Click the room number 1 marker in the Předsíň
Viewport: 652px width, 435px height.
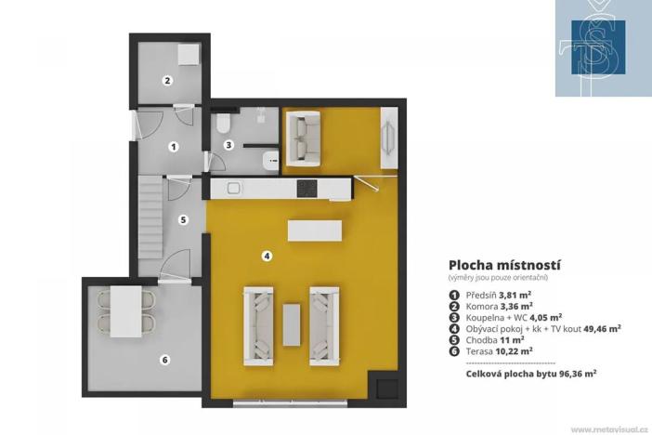pos(173,147)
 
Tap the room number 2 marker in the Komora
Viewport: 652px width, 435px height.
pos(167,81)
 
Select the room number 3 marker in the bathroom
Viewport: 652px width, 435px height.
pos(228,145)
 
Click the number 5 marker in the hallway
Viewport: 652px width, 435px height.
pos(183,220)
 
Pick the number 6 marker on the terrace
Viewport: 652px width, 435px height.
pos(165,360)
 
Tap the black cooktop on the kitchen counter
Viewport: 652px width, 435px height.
pos(307,189)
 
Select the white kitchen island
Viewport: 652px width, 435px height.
pos(312,230)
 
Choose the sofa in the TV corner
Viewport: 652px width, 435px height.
pos(303,138)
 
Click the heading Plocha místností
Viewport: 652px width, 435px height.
pos(504,265)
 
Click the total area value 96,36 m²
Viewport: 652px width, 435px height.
pos(569,372)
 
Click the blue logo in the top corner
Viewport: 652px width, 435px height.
pos(603,47)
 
